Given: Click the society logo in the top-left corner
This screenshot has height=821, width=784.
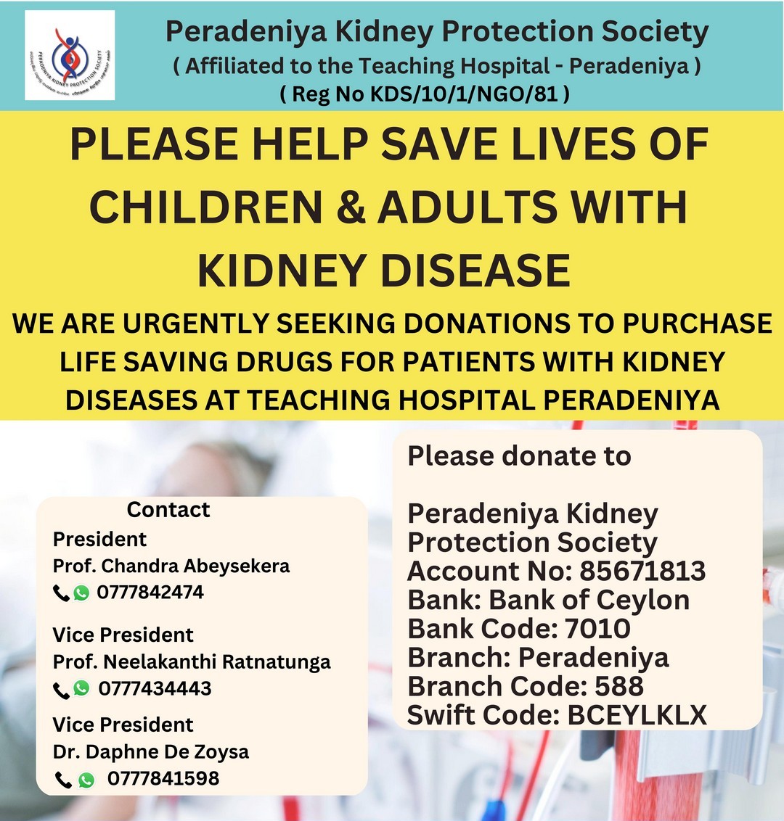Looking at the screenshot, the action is tap(70, 55).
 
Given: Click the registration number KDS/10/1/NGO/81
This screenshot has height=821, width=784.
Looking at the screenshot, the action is tap(465, 94).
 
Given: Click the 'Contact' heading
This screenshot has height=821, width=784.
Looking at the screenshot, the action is tap(168, 509).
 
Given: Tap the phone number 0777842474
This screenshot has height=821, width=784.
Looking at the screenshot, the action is tap(150, 593).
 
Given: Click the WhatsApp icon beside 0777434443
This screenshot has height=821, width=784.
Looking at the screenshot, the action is tap(81, 688).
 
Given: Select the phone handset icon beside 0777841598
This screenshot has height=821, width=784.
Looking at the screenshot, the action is tap(63, 780).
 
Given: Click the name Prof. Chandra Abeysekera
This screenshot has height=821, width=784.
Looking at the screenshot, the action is tap(171, 566).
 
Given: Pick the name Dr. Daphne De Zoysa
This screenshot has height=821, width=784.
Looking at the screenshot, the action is tap(151, 752).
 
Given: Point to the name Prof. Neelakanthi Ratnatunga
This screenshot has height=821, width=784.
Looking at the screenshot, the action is tap(192, 661).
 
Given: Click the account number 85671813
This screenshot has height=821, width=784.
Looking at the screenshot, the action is tap(642, 571).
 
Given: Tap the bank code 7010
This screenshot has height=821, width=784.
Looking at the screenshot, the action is tap(597, 628).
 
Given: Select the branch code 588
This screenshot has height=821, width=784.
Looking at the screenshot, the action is tap(619, 686).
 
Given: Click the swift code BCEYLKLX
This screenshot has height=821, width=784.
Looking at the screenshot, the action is tap(637, 715).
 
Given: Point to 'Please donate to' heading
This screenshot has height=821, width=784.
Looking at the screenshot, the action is tap(519, 456).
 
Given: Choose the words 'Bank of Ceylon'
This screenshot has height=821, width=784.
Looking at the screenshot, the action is tap(589, 600).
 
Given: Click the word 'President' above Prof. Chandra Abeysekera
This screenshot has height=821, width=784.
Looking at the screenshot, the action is tap(99, 540).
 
